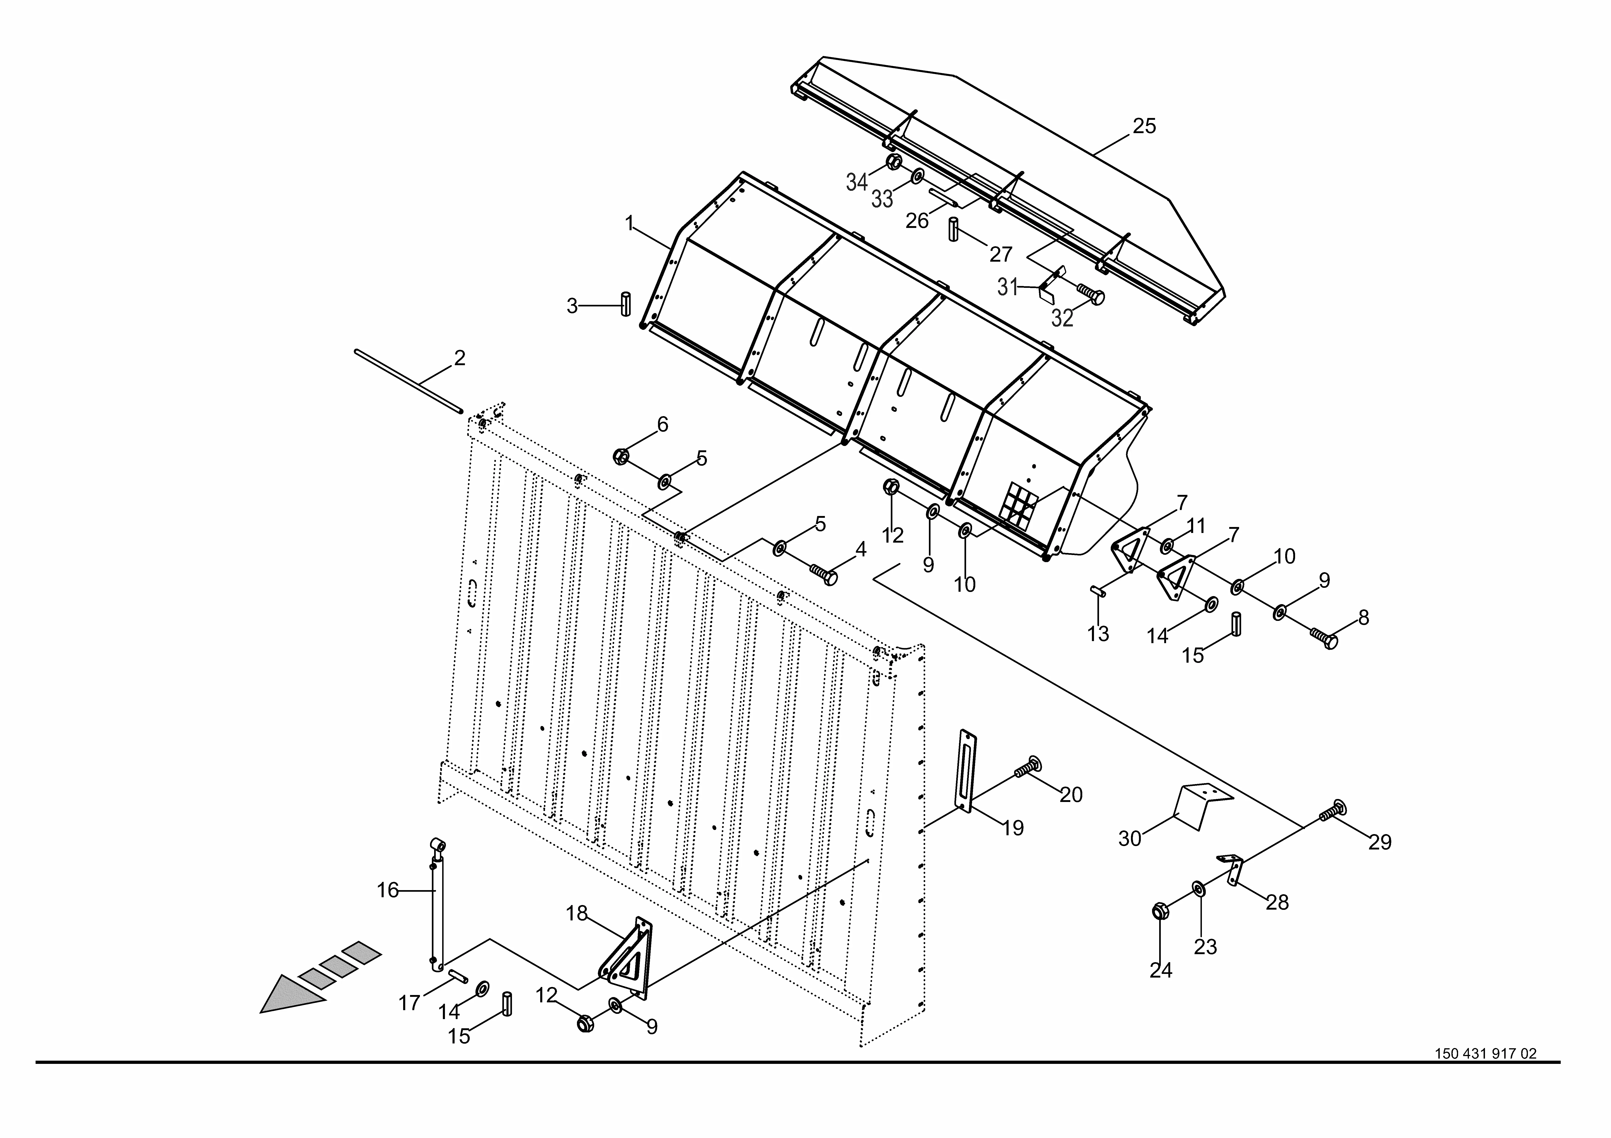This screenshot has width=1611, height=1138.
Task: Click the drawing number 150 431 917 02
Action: (1485, 1074)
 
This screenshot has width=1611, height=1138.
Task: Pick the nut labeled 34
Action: (893, 162)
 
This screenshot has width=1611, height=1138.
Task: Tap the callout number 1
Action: (629, 224)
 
